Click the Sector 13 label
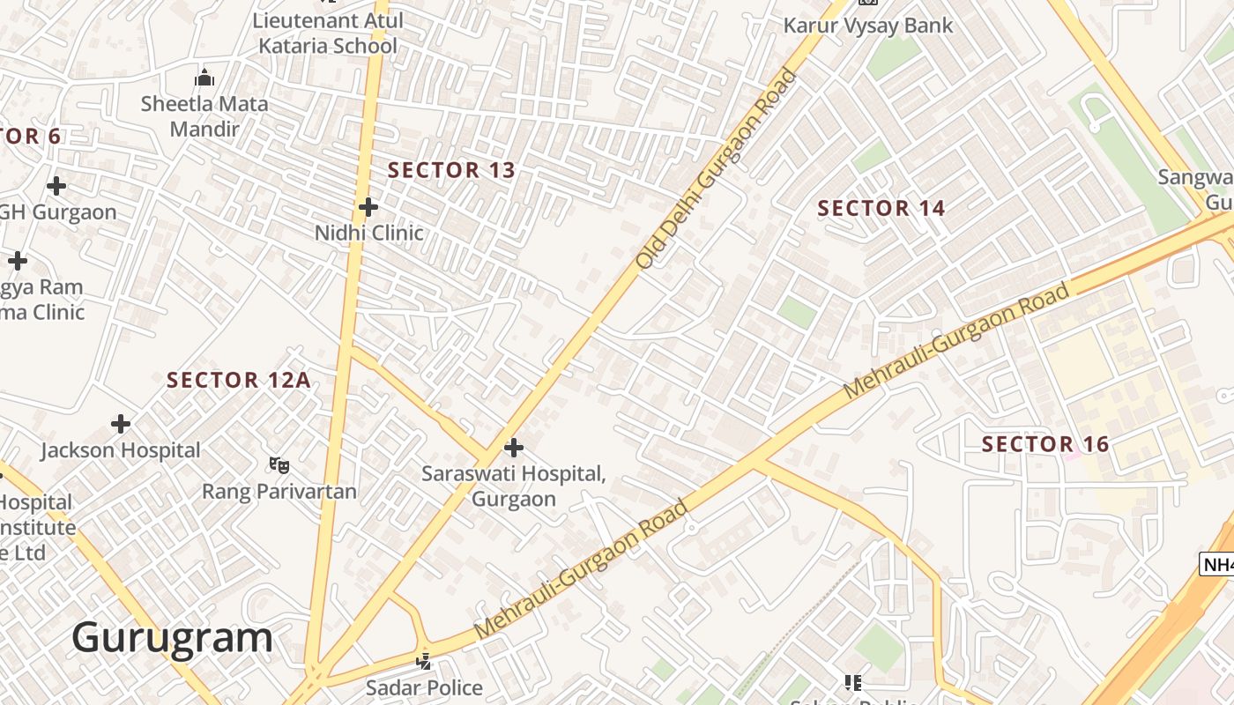(451, 170)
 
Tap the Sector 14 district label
(881, 209)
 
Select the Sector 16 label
(1044, 444)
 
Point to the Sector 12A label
(239, 380)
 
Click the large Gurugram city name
(173, 637)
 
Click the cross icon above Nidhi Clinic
(368, 207)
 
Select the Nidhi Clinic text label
(369, 234)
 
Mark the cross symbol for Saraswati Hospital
(513, 448)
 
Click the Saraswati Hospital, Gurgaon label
(513, 486)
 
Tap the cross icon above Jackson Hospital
(121, 424)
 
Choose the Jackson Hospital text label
(121, 450)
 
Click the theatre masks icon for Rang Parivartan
(279, 464)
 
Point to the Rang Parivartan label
(279, 491)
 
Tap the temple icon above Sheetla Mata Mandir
(204, 78)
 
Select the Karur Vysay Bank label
(868, 26)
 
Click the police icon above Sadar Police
(424, 660)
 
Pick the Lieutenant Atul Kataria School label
(328, 33)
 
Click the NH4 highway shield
(1218, 565)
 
